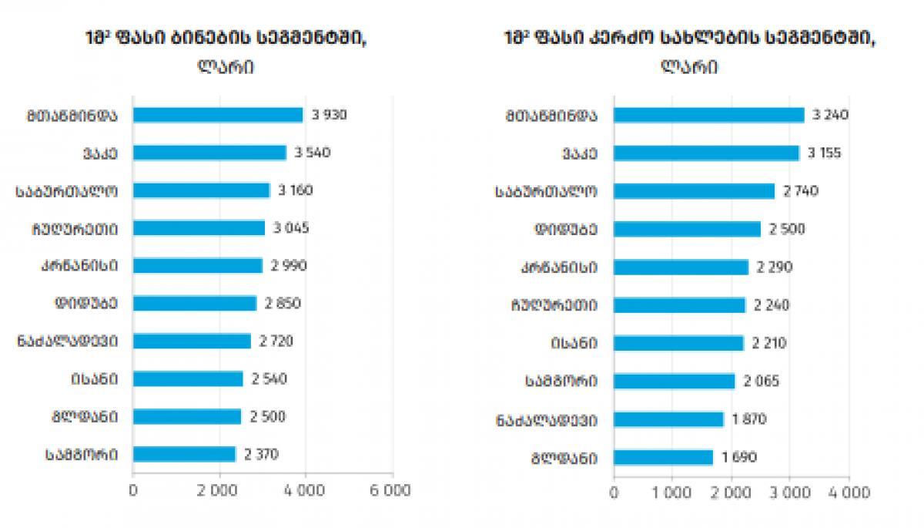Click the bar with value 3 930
218,115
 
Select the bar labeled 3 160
201,190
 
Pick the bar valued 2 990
197,265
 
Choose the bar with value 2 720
192,341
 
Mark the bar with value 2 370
184,454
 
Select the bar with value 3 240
708,115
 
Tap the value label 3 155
824,153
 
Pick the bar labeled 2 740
694,191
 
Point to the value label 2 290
774,267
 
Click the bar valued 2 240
680,305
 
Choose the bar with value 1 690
664,458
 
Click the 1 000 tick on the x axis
672,491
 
